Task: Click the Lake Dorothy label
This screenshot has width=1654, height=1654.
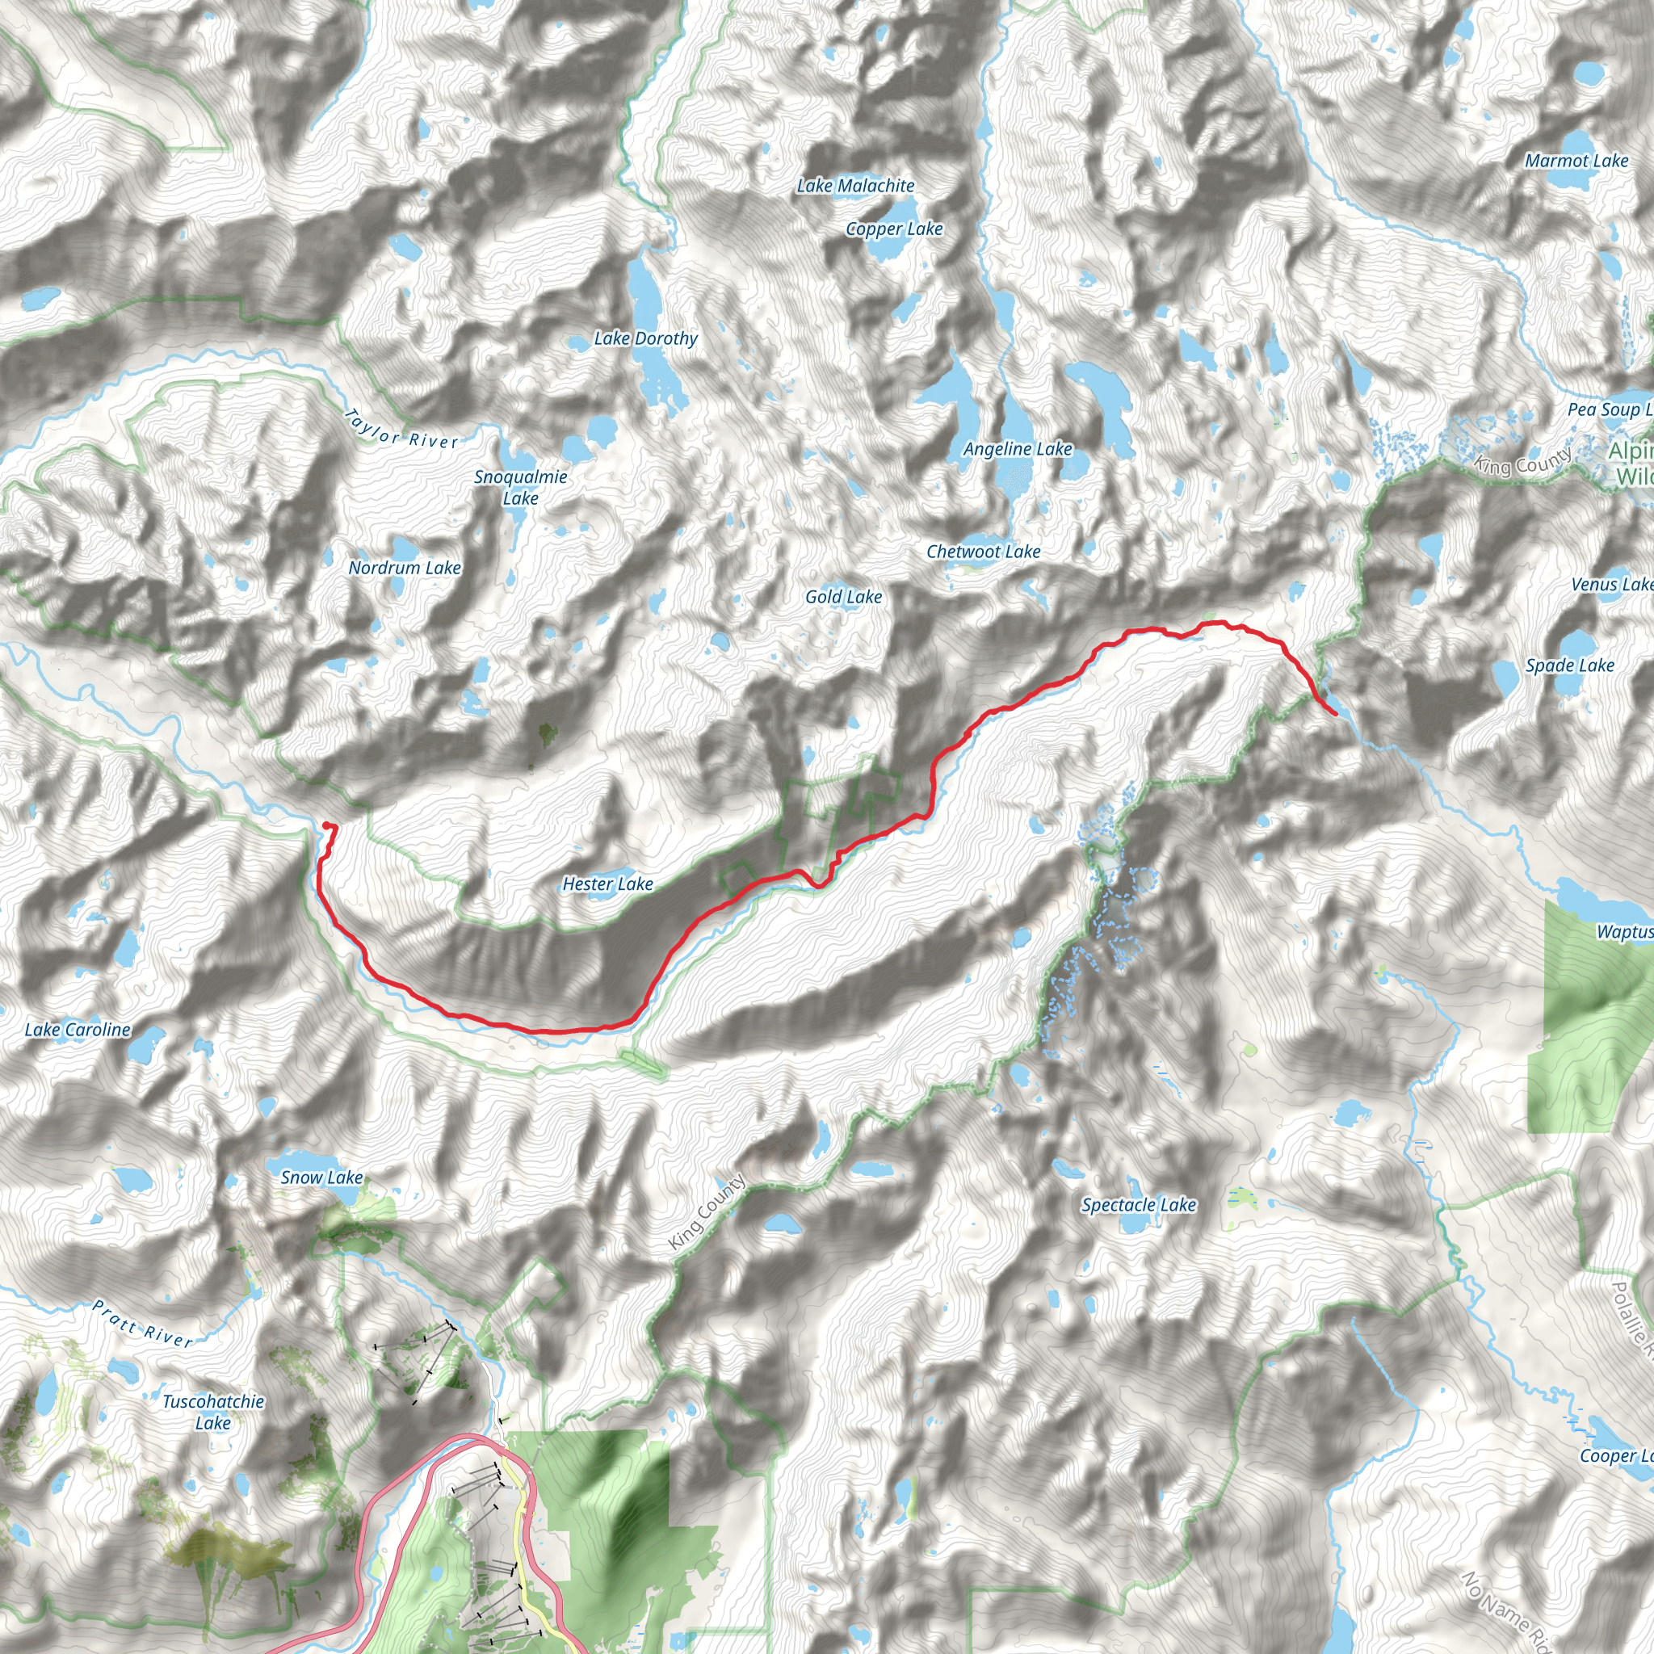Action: coord(645,339)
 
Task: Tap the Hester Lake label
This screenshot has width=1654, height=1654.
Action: coord(607,884)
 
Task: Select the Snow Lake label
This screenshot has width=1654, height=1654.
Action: coord(321,1178)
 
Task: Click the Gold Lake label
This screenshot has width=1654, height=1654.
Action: coord(843,597)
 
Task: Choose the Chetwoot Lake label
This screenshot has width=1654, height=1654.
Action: coord(983,552)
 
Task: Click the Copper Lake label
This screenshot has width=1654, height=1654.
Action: coord(894,229)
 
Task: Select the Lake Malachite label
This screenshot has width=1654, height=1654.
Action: coord(855,186)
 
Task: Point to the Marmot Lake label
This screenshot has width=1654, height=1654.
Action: coord(1576,161)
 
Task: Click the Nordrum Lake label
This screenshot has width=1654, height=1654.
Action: coord(404,568)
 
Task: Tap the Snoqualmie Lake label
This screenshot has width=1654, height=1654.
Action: coord(521,487)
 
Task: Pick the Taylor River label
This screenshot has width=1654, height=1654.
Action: coord(401,428)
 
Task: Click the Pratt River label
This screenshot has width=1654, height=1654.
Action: coord(143,1324)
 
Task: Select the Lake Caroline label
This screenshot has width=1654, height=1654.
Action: coord(77,1030)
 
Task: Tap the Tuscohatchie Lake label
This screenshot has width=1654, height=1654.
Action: coord(213,1412)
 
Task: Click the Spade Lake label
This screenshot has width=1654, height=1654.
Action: coord(1569,665)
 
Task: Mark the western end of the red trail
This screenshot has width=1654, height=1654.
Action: coord(326,825)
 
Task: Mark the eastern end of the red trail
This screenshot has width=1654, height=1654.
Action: coord(1335,714)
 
